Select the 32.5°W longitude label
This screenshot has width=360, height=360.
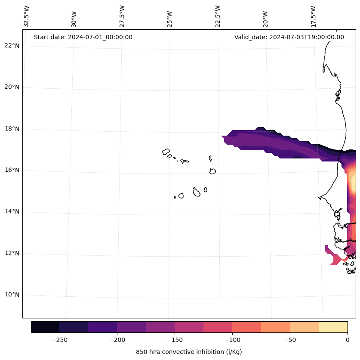(x=27, y=16)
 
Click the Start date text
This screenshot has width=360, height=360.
(x=83, y=37)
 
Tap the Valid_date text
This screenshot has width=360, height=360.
(x=289, y=37)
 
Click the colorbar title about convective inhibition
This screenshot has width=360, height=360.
(x=189, y=352)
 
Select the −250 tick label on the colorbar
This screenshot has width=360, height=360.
(x=59, y=340)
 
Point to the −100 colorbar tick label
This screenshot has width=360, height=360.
(x=232, y=340)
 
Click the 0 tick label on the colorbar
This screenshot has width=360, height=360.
(x=348, y=340)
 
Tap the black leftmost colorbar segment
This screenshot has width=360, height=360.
(x=45, y=327)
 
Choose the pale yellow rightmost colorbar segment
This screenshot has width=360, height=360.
(x=333, y=327)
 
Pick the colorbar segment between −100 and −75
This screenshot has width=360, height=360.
(x=246, y=327)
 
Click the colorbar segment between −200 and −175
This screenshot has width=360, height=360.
(x=131, y=327)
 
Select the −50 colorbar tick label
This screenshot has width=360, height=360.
(x=290, y=340)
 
